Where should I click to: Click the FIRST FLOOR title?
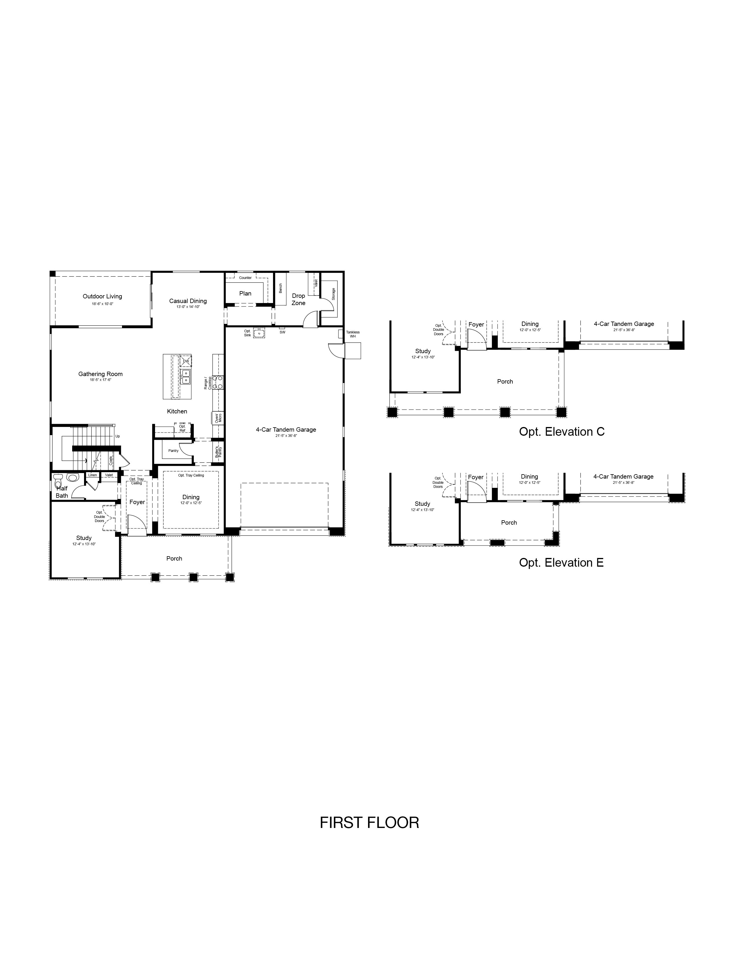(369, 822)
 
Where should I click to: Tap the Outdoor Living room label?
(102, 296)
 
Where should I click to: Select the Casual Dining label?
(188, 301)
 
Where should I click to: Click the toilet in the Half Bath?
(58, 483)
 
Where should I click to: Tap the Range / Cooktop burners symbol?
(218, 383)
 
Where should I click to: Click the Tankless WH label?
(353, 334)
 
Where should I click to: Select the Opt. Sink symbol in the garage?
(259, 333)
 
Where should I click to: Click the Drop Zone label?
(298, 300)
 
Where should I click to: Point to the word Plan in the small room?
(245, 293)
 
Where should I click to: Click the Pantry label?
(173, 450)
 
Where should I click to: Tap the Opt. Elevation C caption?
(561, 432)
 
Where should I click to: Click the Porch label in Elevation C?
(505, 381)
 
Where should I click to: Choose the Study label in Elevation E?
(423, 504)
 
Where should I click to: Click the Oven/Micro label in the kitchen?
(218, 417)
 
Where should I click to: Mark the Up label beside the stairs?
(117, 436)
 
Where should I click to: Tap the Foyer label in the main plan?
(137, 502)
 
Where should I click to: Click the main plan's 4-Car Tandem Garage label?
(286, 429)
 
